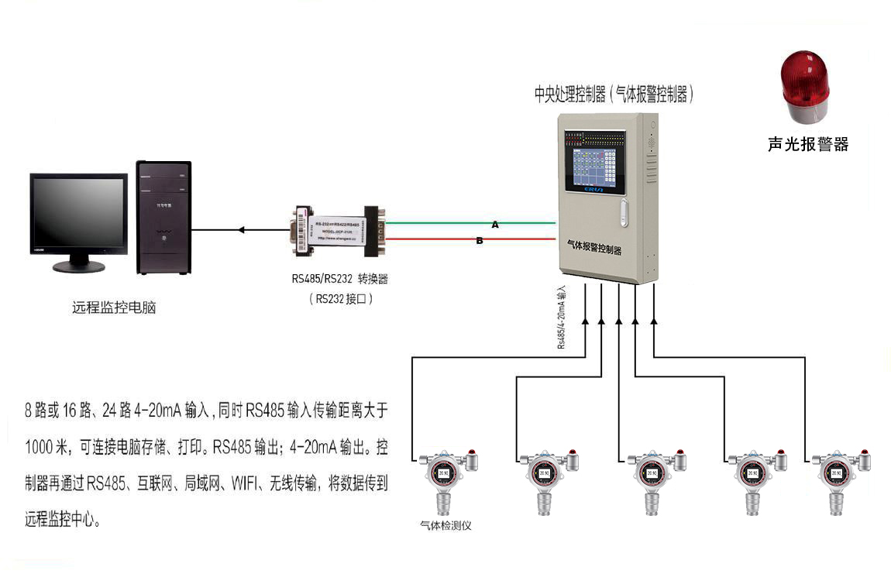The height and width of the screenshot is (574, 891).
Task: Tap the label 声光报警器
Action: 808,144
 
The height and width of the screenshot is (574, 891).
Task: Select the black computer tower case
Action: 163,218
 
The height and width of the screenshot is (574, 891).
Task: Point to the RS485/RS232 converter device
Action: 339,230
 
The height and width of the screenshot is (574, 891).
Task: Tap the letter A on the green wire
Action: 495,224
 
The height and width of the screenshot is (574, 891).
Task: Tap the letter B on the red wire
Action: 480,241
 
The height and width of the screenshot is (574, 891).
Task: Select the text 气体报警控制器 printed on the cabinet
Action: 594,247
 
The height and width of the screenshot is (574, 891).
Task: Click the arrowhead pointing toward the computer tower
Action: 242,229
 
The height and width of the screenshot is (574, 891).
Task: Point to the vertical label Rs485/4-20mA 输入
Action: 562,317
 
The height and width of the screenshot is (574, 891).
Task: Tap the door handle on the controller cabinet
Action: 624,213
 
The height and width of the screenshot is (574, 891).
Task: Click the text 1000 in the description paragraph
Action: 40,449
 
